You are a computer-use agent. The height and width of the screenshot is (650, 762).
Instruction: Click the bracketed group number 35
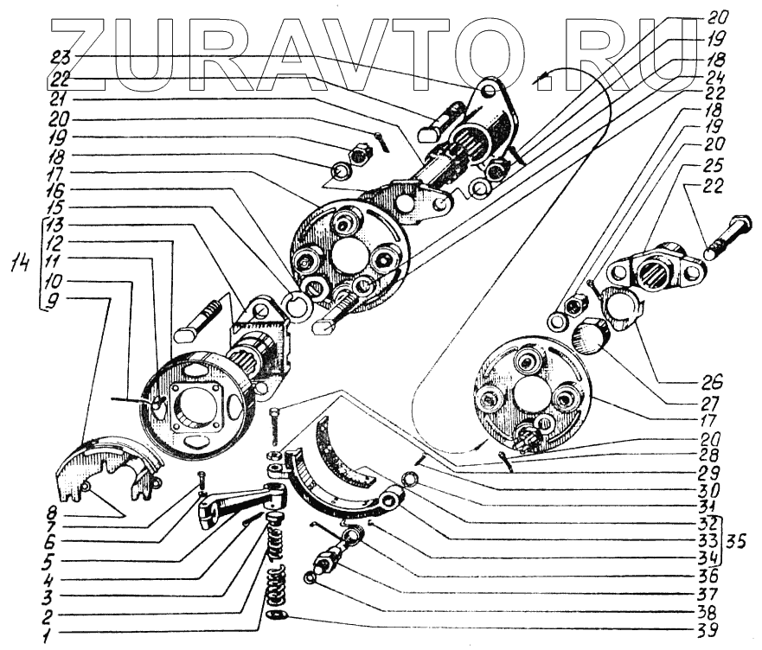740,535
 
